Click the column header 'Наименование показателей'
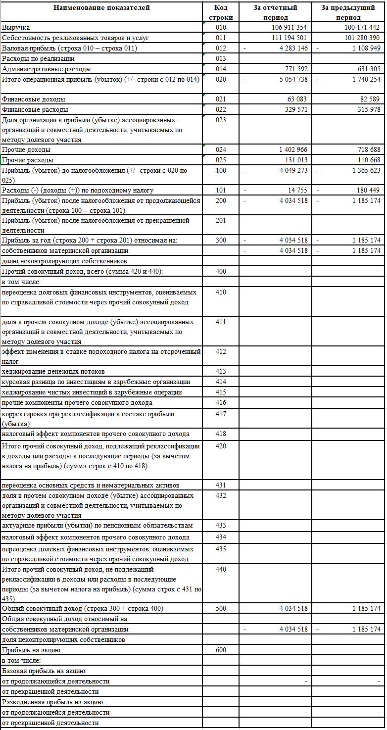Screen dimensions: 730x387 101,8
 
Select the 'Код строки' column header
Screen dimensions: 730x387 221,12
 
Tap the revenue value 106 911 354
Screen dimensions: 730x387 289,28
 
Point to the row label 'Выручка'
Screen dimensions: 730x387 16,28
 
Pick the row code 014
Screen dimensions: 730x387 221,69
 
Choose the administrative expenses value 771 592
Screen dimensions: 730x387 296,69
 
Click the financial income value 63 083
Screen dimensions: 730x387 297,99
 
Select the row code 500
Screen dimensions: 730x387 221,609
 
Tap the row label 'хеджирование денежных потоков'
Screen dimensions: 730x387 53,372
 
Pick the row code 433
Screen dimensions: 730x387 221,526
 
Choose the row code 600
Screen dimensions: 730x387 221,650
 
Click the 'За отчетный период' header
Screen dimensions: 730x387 275,12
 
